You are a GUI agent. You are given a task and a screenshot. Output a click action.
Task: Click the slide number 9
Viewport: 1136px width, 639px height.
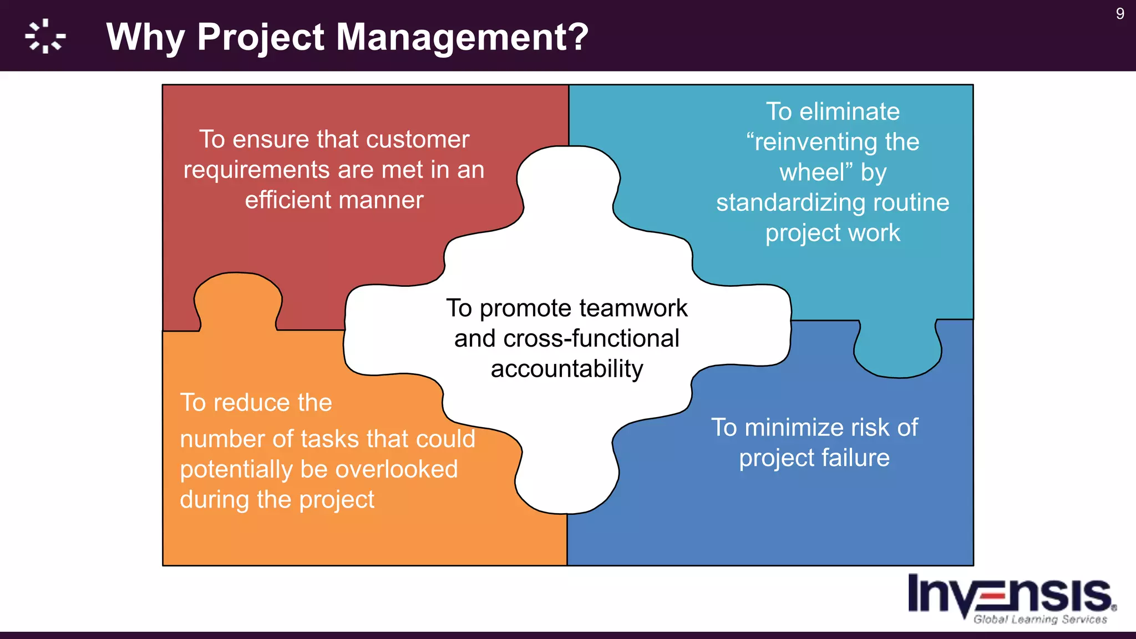tap(1119, 13)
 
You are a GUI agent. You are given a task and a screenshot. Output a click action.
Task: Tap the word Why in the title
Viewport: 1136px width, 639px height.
tap(145, 37)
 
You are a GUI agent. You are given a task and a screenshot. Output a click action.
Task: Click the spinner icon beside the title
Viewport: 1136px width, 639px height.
tap(45, 37)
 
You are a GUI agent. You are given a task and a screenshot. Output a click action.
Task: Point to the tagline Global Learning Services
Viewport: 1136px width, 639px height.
tap(1040, 619)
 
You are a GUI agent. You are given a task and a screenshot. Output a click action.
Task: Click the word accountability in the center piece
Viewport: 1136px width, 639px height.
tap(567, 369)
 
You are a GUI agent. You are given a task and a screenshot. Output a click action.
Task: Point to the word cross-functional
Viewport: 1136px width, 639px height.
tap(591, 338)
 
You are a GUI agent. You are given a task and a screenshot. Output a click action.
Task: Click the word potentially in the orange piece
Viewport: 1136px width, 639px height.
tap(236, 469)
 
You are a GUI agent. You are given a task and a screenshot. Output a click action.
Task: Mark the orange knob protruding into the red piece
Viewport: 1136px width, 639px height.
tap(237, 300)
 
